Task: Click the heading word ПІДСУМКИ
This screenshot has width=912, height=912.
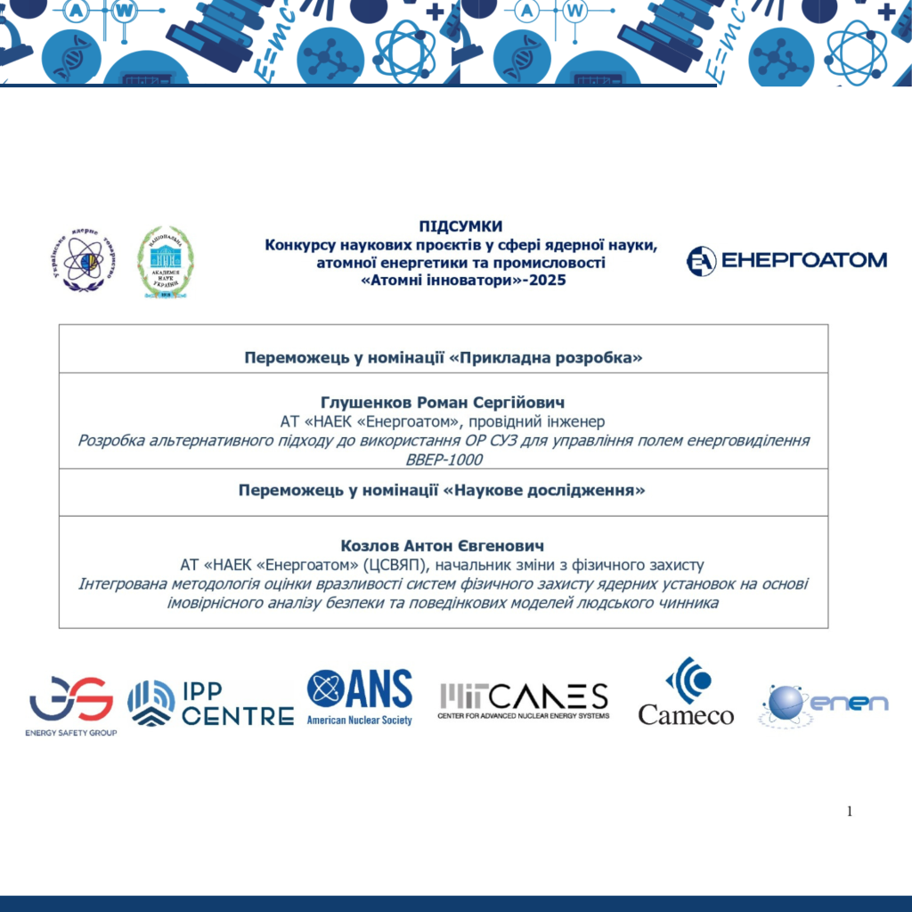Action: [x=460, y=226]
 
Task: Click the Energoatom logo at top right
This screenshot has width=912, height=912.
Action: [x=786, y=260]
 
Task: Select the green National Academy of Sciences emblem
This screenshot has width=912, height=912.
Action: [x=166, y=260]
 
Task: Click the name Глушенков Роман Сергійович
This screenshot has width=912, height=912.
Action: [x=443, y=403]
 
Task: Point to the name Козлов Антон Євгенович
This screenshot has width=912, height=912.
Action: [x=443, y=545]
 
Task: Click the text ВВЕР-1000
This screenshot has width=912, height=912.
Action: [x=443, y=460]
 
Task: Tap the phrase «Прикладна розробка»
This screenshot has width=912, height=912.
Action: [x=546, y=358]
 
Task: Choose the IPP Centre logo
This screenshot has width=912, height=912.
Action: [x=211, y=704]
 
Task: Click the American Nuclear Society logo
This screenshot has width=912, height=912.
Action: [x=360, y=696]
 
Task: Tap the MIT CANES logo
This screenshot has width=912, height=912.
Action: [x=524, y=701]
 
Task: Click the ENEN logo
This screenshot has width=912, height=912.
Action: [x=824, y=704]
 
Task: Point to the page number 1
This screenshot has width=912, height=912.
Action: [x=850, y=811]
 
